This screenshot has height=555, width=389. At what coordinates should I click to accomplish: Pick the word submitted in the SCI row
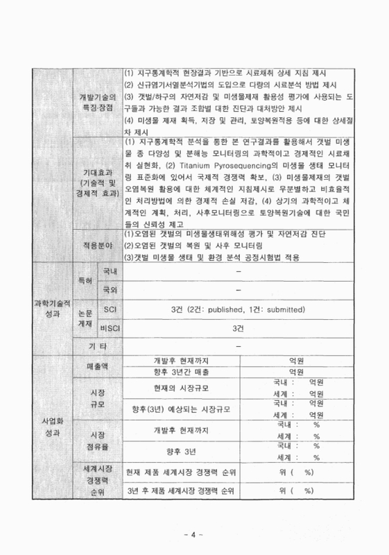pos(282,309)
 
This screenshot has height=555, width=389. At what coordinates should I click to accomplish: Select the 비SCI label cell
pos(110,327)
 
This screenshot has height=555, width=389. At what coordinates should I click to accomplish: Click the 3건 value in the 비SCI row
pos(238,327)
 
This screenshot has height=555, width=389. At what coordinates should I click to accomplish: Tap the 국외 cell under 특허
pos(110,289)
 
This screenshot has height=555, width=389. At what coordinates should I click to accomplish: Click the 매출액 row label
pos(97,366)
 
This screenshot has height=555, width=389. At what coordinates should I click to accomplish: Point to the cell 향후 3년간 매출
pos(181,373)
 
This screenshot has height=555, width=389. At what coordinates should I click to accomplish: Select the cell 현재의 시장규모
pos(181,387)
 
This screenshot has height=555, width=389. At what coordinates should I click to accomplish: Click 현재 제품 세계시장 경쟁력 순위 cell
pos(181,472)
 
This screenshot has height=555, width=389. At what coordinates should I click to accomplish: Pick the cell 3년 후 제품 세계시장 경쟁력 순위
pos(181,490)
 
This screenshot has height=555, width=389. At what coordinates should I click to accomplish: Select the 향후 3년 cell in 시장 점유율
pos(182,452)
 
